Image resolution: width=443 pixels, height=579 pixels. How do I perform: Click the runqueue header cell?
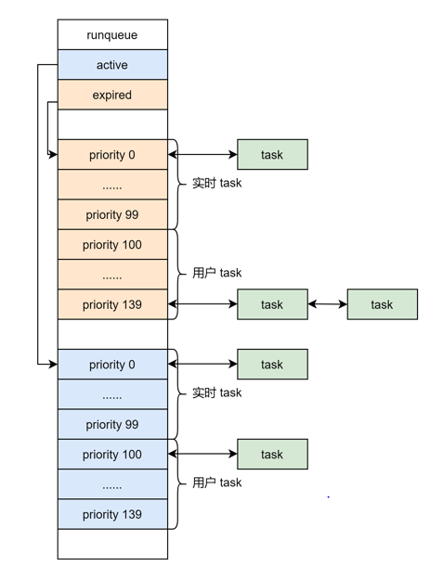tap(112, 34)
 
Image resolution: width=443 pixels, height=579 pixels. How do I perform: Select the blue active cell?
tap(112, 65)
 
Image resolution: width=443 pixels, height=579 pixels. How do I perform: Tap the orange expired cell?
tap(112, 95)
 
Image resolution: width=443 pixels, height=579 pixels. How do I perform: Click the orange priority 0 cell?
tap(112, 154)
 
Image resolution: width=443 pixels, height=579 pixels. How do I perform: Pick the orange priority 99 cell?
tap(112, 214)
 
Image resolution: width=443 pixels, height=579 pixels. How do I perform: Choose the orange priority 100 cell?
tap(112, 244)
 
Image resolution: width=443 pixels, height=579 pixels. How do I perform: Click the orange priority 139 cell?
tap(112, 304)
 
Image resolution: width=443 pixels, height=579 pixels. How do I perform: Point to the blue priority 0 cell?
tap(112, 364)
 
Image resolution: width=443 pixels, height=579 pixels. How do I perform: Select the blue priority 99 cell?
tap(112, 424)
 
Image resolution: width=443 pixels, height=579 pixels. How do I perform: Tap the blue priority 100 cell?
tap(112, 454)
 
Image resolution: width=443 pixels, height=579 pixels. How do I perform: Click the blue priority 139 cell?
tap(112, 514)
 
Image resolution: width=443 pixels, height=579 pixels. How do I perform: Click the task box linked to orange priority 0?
tap(272, 154)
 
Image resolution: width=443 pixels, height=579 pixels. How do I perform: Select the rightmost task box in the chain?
tap(383, 304)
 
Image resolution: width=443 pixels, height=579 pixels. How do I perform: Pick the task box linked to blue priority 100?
tap(272, 454)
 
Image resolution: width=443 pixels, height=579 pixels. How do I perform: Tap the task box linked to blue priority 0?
tap(272, 364)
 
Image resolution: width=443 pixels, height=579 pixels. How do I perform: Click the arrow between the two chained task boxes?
tap(327, 304)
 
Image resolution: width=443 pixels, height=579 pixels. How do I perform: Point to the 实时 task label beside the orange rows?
tap(217, 183)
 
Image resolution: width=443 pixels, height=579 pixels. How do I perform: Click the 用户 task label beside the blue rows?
tap(217, 482)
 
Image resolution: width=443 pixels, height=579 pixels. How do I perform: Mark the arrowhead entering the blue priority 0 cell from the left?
tap(54, 364)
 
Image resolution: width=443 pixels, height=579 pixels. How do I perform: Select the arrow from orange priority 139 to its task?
tap(202, 304)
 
